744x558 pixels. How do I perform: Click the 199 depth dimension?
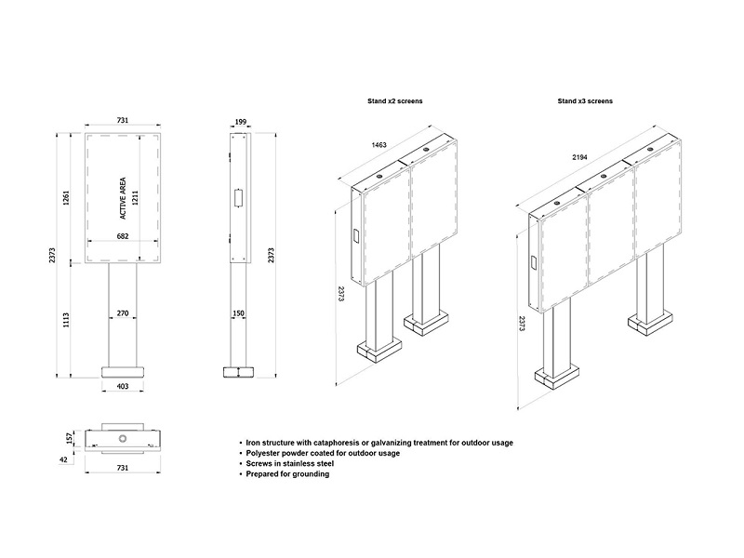(x=241, y=122)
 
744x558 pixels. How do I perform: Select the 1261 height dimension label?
(x=66, y=198)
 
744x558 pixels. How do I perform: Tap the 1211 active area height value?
(x=135, y=198)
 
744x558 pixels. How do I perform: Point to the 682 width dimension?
(x=123, y=236)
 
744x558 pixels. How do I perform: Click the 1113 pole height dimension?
(x=66, y=320)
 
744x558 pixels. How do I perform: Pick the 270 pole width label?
(x=123, y=313)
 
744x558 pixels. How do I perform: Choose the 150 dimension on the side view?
(x=238, y=313)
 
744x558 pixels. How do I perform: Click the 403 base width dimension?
(x=123, y=386)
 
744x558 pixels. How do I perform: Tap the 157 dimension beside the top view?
(x=70, y=438)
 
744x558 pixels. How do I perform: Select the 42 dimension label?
(x=63, y=459)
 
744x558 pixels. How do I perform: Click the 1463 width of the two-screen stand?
(x=379, y=145)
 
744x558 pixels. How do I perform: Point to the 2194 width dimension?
(x=579, y=157)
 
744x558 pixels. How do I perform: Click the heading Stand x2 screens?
(x=394, y=101)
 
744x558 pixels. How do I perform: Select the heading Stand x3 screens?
(x=585, y=101)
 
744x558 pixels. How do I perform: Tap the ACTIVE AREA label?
(x=123, y=198)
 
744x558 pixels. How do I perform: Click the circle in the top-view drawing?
(x=123, y=438)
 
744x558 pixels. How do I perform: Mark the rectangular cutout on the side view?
(x=238, y=198)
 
